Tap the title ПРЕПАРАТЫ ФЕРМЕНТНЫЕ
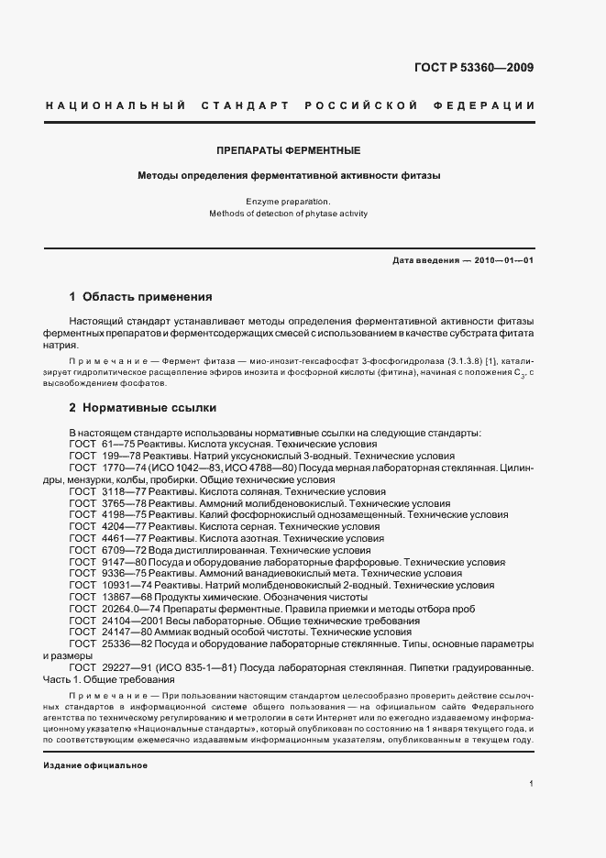click(288, 149)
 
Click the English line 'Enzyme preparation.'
click(288, 200)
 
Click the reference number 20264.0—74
click(121, 610)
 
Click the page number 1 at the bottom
click(531, 782)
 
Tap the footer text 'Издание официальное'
click(95, 764)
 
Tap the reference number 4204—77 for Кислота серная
click(115, 527)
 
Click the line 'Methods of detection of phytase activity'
click(288, 213)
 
